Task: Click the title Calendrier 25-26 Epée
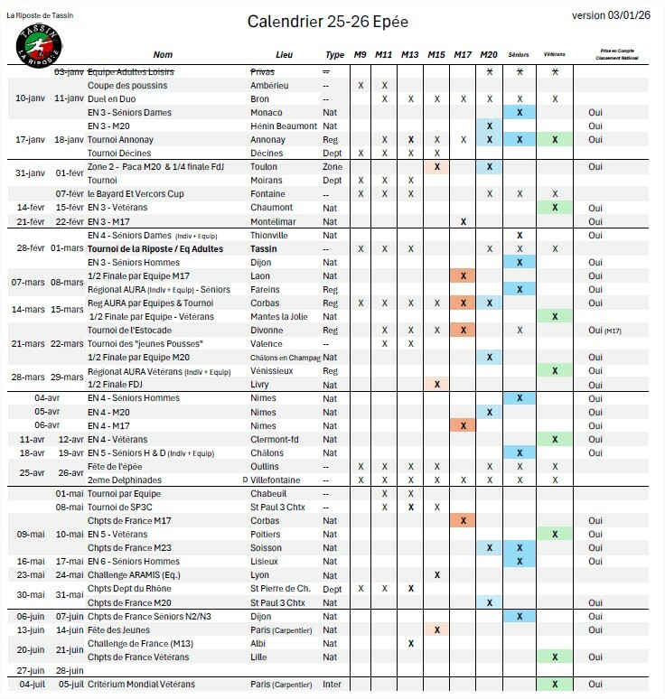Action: coord(332,21)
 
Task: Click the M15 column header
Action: coord(436,55)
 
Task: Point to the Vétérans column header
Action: coord(555,55)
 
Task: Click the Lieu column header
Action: coord(284,55)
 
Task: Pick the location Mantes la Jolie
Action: coord(278,317)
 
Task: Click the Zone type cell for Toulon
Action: coord(332,167)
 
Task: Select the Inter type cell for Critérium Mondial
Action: coord(332,685)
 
